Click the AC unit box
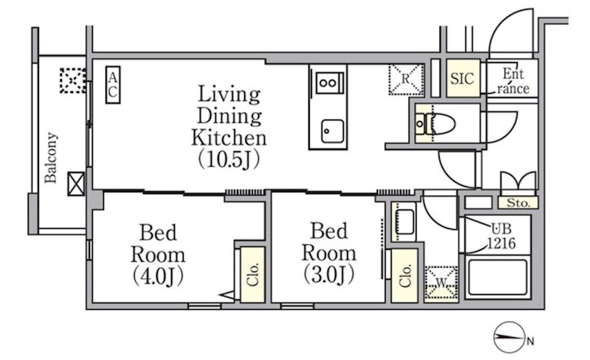click(x=113, y=85)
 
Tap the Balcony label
click(x=51, y=157)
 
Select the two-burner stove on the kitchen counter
click(x=329, y=83)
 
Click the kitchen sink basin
click(x=333, y=131)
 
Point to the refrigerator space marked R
click(x=406, y=80)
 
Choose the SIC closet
click(x=463, y=78)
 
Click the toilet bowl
click(x=440, y=123)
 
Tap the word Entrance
click(x=513, y=81)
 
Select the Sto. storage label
click(x=518, y=203)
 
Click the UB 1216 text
click(x=502, y=237)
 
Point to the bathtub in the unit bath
click(x=497, y=277)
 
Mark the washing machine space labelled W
click(x=441, y=283)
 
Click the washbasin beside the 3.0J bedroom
click(x=403, y=222)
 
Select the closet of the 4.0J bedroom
click(x=252, y=274)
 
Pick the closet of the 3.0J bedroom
click(x=405, y=276)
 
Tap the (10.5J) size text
click(x=229, y=159)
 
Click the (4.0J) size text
click(x=158, y=276)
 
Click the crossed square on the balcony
click(x=76, y=184)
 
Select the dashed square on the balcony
click(x=72, y=80)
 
